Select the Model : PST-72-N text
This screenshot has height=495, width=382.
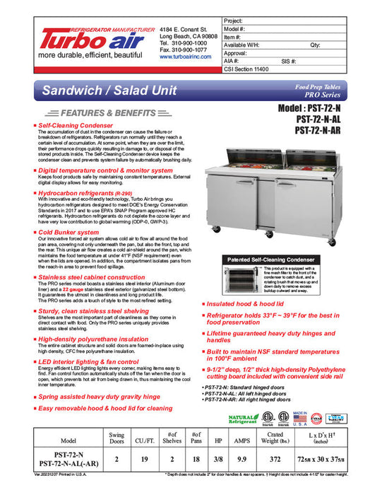click(x=319, y=109)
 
